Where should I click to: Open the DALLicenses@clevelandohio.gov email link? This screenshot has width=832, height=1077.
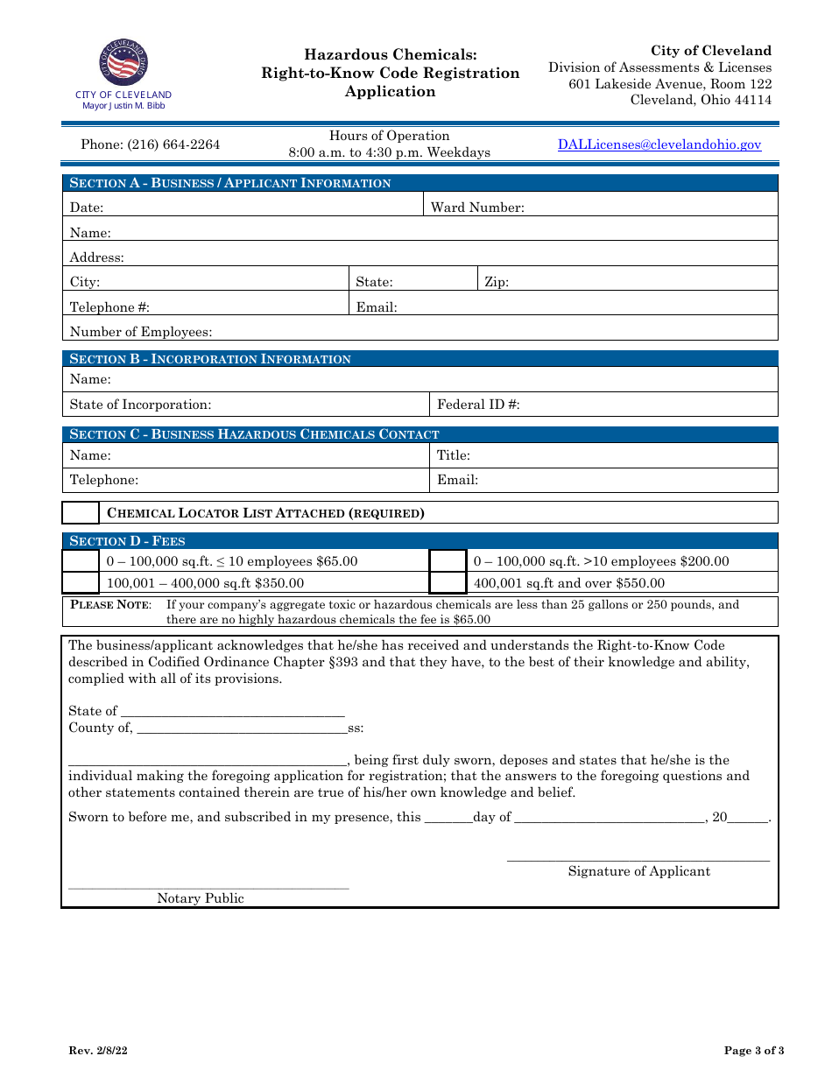click(x=659, y=145)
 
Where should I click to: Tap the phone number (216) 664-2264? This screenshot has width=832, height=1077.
click(x=151, y=145)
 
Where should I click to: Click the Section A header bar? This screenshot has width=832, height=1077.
click(x=420, y=183)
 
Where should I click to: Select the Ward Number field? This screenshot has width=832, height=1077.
click(x=648, y=208)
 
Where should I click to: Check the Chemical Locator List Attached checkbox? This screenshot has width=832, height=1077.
click(x=81, y=512)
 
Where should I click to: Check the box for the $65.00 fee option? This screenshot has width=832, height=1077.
click(x=81, y=560)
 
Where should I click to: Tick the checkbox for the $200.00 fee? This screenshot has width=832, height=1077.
click(x=448, y=560)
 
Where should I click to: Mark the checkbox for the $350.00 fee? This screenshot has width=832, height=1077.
click(x=81, y=582)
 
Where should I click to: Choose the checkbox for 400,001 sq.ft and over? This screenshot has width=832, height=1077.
click(x=448, y=582)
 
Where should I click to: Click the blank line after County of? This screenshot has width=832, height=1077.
click(x=242, y=727)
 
